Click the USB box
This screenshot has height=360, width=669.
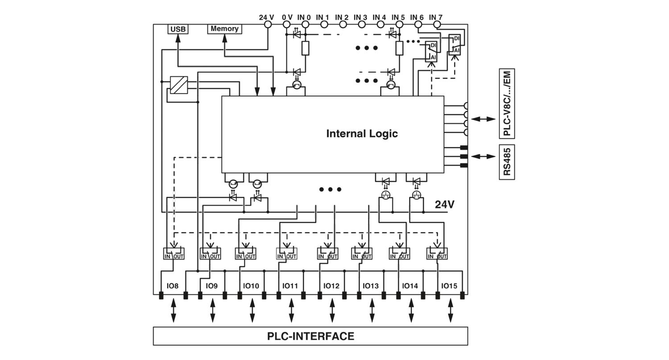[x=178, y=29]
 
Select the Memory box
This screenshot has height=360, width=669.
[x=225, y=29]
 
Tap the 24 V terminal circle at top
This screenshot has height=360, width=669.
[x=268, y=25]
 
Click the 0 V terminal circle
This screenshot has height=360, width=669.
[x=287, y=25]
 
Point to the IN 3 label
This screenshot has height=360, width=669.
[x=360, y=17]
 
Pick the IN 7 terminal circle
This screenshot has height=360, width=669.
[x=437, y=25]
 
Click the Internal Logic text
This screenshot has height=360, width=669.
[x=362, y=133]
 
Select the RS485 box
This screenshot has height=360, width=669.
[x=507, y=162]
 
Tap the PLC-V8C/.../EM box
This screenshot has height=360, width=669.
[x=507, y=103]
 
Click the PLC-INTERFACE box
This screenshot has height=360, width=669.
[x=310, y=336]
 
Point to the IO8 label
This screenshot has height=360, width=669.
[x=173, y=286]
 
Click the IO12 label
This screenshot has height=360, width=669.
[x=331, y=286]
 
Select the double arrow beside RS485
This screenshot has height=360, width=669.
[x=483, y=156]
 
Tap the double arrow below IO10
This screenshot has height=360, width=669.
[x=252, y=310]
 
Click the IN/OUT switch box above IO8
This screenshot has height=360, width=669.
[x=174, y=253]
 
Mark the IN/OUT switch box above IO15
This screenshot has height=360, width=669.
[x=437, y=253]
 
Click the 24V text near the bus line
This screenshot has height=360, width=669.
[x=444, y=205]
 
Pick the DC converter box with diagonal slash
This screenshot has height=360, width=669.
[x=179, y=85]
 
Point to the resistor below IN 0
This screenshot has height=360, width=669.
[x=305, y=48]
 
